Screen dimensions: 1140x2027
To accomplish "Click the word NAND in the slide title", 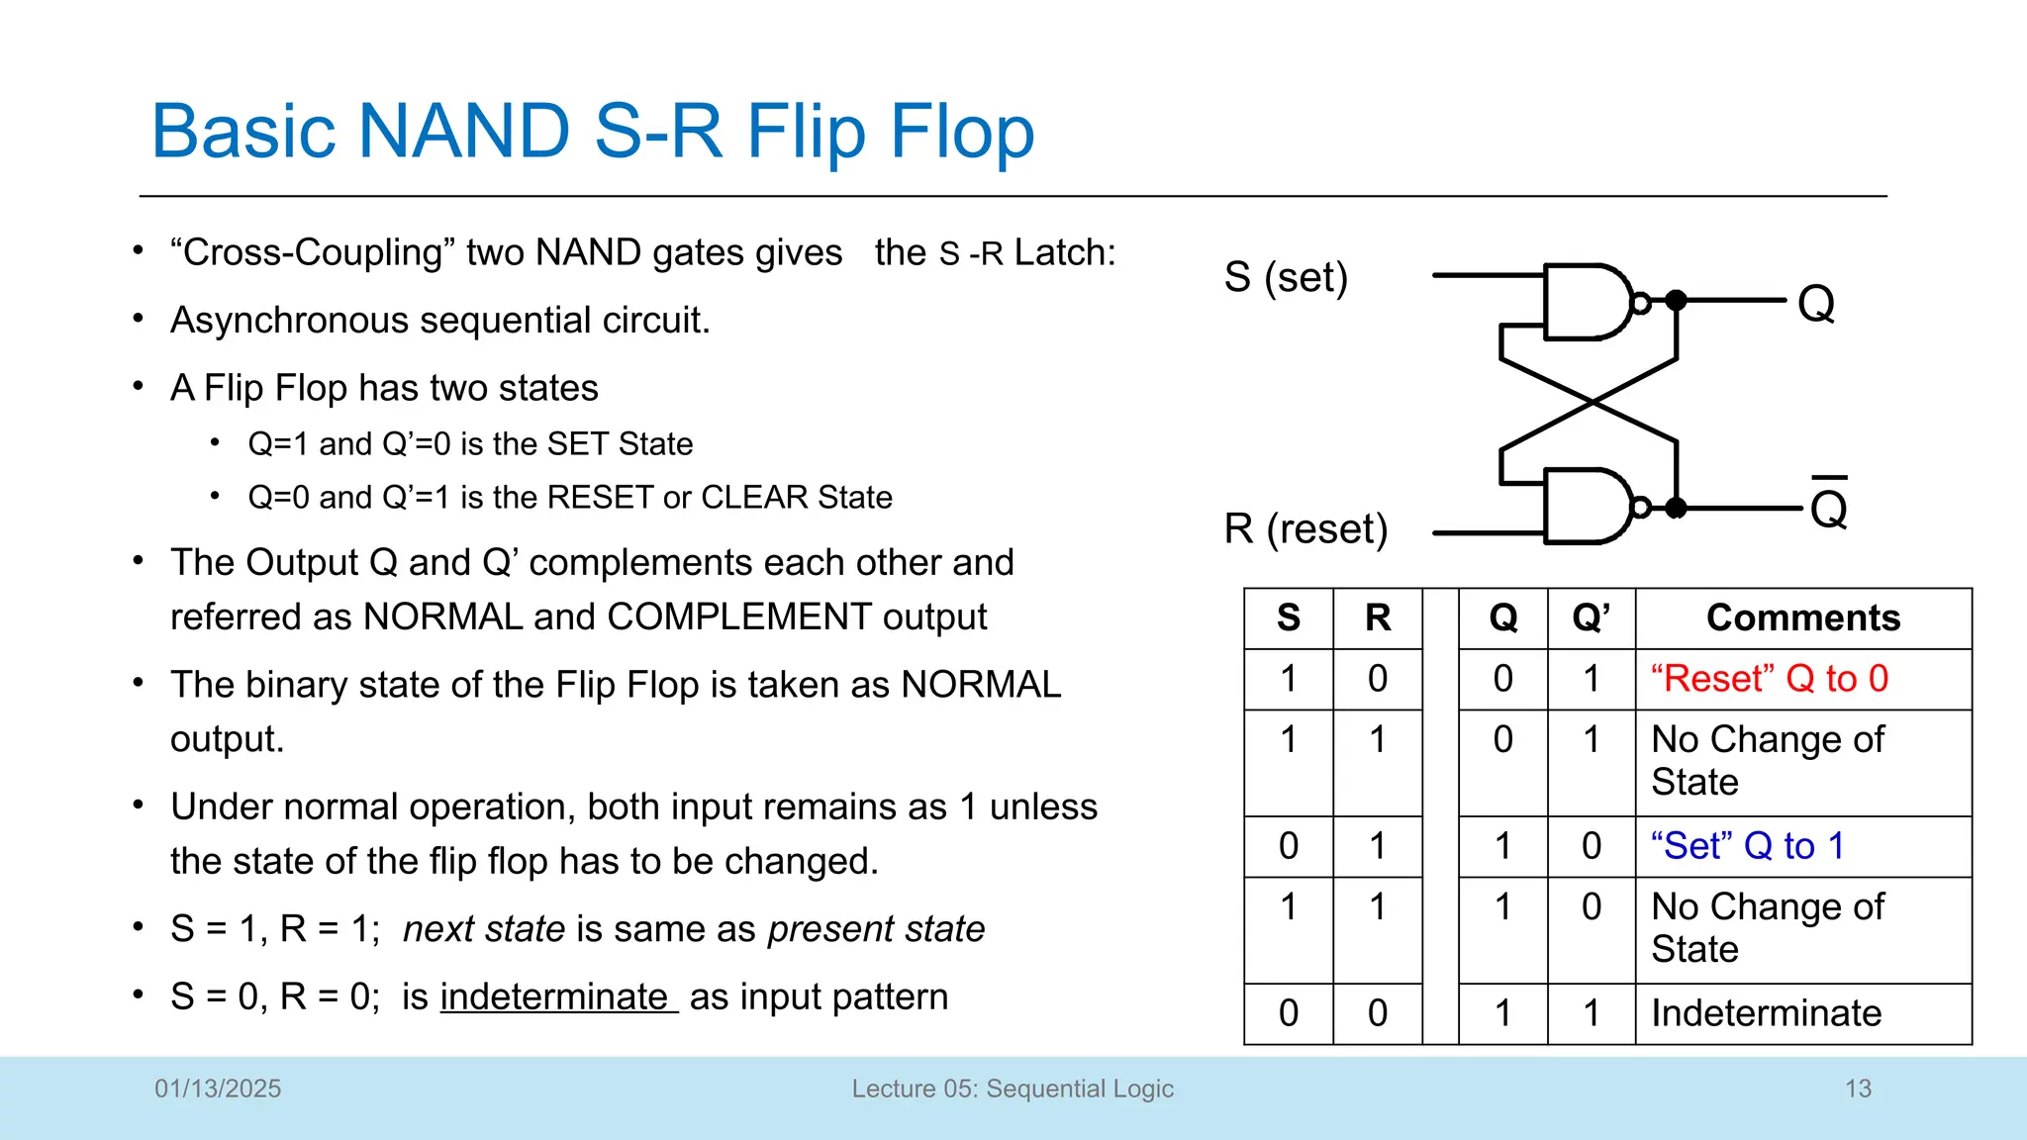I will pos(463,132).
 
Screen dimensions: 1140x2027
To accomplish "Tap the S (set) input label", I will pos(1286,277).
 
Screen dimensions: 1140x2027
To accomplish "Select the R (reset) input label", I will pos(1305,528).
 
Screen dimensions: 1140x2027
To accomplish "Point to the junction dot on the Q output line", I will pos(1676,300).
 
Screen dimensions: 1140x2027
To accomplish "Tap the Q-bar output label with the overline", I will pos(1828,507).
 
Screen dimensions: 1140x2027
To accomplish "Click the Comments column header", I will pos(1802,617).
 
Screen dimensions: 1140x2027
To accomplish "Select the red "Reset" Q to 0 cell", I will pos(1770,679).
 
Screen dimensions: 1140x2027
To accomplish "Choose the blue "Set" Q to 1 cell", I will pos(1748,846).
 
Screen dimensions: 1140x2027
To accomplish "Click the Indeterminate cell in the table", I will pos(1766,1013).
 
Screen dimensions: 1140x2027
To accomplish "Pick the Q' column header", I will pos(1591,617).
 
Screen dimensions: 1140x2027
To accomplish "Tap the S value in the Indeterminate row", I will pos(1288,1013).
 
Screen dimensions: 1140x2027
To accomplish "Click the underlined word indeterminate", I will pos(555,997).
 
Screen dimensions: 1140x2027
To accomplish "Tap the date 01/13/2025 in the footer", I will pos(218,1089).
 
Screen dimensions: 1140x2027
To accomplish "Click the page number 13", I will pos(1858,1089).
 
